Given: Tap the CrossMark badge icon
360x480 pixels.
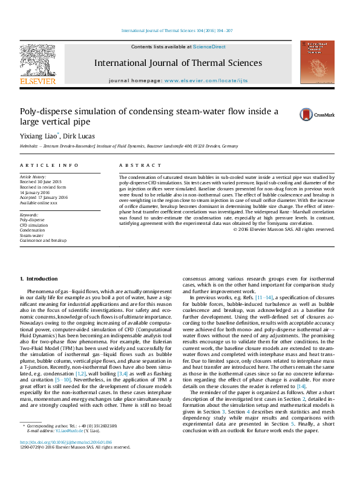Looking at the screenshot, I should (312, 114).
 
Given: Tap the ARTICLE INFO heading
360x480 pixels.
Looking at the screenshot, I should (41, 165).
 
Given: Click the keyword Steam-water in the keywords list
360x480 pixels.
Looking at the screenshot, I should (32, 235).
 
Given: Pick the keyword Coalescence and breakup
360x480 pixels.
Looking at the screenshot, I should (43, 240).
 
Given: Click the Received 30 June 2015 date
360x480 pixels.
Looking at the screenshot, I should (41, 181).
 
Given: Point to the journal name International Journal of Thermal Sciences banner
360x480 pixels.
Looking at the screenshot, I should (177, 63).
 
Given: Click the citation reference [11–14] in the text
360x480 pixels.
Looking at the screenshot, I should (264, 297).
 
